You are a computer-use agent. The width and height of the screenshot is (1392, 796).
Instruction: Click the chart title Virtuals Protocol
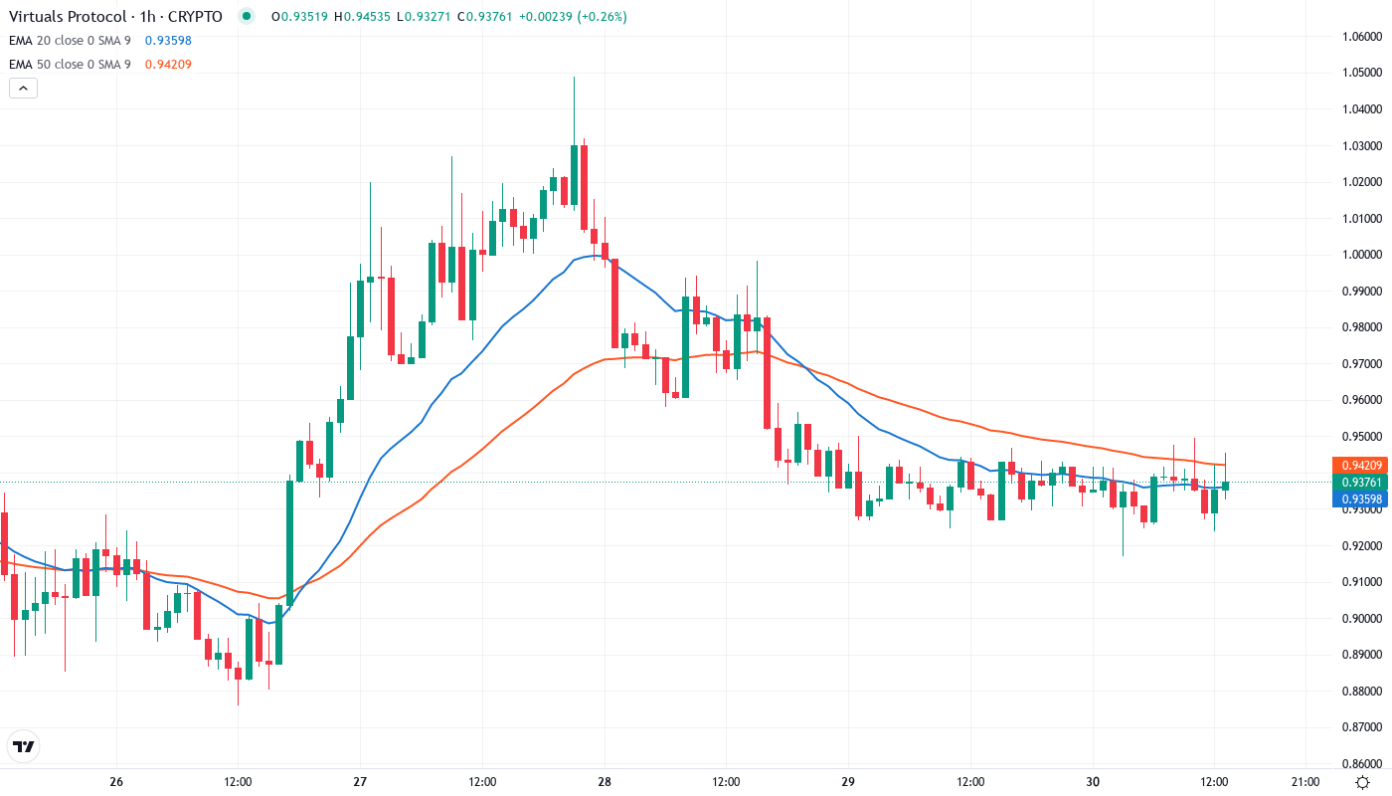click(x=68, y=17)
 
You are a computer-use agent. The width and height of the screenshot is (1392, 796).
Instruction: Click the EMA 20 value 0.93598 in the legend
click(x=168, y=41)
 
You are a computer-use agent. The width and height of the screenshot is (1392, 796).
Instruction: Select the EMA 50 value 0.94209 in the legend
click(x=168, y=65)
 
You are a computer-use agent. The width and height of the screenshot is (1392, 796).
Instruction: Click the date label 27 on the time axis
click(x=360, y=782)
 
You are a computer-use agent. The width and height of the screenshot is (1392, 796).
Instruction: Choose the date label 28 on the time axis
click(x=605, y=782)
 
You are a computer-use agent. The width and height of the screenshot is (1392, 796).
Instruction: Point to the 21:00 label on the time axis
click(x=1305, y=782)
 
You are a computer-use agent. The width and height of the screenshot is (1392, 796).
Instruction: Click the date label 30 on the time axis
click(x=1093, y=782)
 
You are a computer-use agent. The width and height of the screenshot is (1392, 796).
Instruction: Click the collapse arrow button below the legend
click(x=24, y=89)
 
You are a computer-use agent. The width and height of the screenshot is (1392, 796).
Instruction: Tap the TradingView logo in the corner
click(x=24, y=746)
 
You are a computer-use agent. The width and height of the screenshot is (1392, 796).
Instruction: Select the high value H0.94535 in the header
click(x=364, y=17)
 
